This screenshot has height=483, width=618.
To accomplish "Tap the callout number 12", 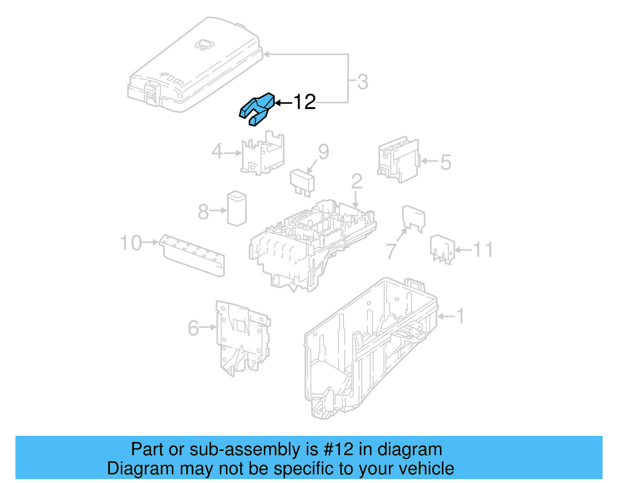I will pyautogui.click(x=304, y=102).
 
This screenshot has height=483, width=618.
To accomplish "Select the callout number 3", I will pyautogui.click(x=362, y=82).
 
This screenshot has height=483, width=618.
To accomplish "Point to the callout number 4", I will pyautogui.click(x=217, y=151).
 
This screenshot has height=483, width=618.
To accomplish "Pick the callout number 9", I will pyautogui.click(x=323, y=152).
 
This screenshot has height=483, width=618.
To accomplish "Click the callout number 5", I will pyautogui.click(x=445, y=162).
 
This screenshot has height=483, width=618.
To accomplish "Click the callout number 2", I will pyautogui.click(x=357, y=181).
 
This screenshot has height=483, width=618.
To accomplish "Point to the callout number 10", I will pyautogui.click(x=131, y=243).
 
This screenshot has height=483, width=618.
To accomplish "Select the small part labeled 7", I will pyautogui.click(x=413, y=218).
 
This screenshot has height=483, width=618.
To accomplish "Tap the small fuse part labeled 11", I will pyautogui.click(x=442, y=249).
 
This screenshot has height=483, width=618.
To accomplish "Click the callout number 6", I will pyautogui.click(x=193, y=328).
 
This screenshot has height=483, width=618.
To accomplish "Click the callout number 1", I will pyautogui.click(x=460, y=316).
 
